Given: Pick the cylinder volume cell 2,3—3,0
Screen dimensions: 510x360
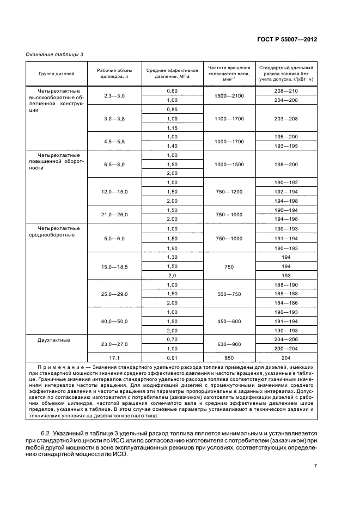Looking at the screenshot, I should (x=114, y=95).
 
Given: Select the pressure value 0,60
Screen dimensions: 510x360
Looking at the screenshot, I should (x=172, y=90).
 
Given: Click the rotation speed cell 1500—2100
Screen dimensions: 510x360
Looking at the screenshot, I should (x=228, y=95).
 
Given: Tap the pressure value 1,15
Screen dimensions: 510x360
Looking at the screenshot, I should (x=172, y=127).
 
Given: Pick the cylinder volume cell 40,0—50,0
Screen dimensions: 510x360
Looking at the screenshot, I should (x=114, y=321).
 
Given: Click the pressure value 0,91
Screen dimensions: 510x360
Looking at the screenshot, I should (x=172, y=358).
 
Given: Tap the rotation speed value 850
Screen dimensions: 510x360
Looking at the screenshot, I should (x=228, y=358).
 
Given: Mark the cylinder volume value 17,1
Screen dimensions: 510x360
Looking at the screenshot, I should (x=114, y=358).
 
